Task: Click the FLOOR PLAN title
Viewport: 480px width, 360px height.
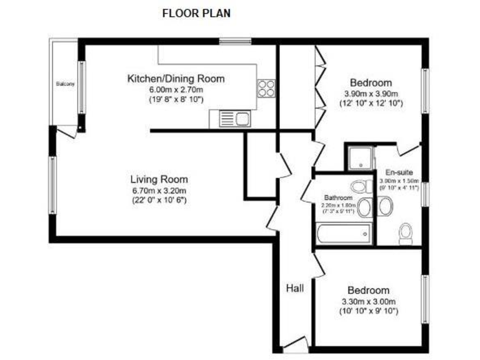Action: coord(196,12)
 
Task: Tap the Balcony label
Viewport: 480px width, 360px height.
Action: coord(64,84)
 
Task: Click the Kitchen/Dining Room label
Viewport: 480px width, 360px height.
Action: coord(176,79)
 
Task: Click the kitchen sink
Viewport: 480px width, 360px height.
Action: coord(234,117)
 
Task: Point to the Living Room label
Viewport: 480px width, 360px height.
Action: coord(159,179)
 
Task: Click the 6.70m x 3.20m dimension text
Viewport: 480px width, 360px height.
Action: coord(159,190)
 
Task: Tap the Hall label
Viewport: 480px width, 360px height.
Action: coord(295,288)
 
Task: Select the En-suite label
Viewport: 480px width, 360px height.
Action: coord(398,172)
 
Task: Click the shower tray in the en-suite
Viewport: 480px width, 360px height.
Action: coord(359,157)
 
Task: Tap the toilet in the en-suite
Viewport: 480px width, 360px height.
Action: coord(406,233)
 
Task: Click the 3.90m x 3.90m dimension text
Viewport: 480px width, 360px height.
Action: coord(371,94)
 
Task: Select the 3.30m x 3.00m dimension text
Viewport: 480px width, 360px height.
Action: coord(368,301)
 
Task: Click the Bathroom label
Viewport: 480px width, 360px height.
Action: coord(338,197)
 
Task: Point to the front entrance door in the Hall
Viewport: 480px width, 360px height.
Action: coord(295,343)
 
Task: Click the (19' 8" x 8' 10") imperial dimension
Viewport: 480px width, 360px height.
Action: coord(176,99)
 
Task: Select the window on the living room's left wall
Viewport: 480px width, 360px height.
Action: coord(53,185)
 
